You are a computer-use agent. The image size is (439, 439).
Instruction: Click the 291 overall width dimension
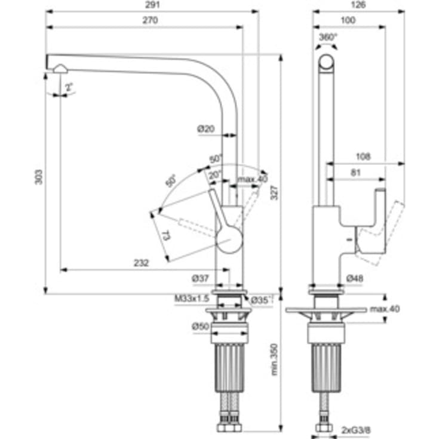(x=151, y=4)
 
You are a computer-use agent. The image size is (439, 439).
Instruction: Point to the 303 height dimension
(x=39, y=176)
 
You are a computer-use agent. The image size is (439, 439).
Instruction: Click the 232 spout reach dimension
(x=140, y=262)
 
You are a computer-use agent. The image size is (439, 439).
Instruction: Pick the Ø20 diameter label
(x=206, y=129)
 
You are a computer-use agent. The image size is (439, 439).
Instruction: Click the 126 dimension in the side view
(x=357, y=4)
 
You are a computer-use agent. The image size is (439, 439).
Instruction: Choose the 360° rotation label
(x=328, y=36)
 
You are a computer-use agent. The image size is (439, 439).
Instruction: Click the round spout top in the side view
(x=327, y=62)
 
